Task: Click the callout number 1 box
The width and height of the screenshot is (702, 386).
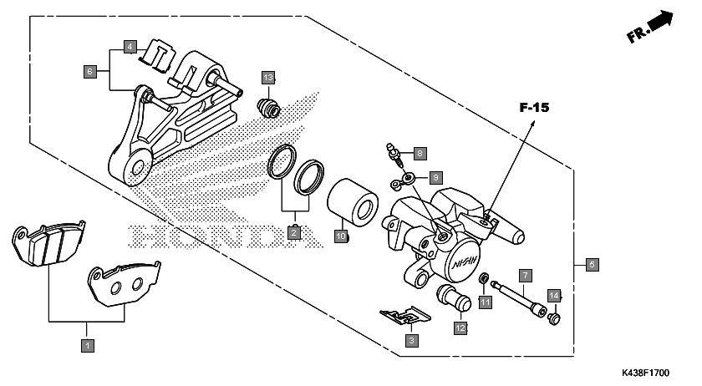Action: point(88,345)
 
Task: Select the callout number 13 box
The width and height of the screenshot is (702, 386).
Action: point(268,78)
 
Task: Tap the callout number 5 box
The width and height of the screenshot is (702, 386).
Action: point(592,265)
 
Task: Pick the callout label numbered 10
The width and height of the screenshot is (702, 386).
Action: point(341,236)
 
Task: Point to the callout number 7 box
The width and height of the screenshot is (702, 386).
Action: point(525,276)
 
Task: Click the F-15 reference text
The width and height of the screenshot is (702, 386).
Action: point(534,108)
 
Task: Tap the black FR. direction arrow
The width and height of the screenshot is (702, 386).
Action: point(660,22)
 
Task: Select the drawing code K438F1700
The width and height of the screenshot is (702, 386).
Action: point(645,373)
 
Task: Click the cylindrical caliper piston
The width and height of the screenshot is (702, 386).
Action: point(353,202)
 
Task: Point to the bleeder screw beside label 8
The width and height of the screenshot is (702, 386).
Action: point(394,154)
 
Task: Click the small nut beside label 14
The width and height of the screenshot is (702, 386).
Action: point(554,319)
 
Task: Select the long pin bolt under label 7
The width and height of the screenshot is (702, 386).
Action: point(518,297)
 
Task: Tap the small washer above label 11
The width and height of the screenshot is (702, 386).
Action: point(484,278)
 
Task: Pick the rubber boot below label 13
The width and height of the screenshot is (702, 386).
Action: point(268,108)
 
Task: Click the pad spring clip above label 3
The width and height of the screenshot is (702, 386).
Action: point(405,316)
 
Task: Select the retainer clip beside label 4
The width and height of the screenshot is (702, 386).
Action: point(157,55)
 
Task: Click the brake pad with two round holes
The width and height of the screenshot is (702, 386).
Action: point(125,284)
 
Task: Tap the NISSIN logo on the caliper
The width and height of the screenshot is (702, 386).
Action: point(465,262)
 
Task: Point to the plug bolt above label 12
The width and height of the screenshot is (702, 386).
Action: point(454,297)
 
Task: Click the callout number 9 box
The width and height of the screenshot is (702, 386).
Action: point(435,178)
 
